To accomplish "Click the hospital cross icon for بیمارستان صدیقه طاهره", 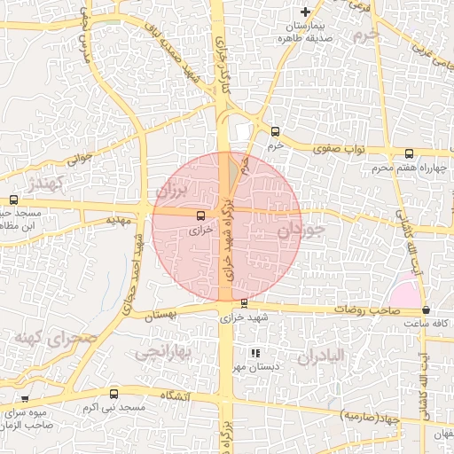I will click(306, 12).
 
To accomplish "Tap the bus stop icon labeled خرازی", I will click(200, 215).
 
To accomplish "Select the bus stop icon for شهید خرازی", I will click(244, 303).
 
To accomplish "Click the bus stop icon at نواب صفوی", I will click(408, 153).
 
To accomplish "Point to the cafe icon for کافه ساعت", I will click(427, 310).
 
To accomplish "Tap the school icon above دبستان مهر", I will click(255, 353).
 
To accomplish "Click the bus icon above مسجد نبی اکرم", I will click(113, 393).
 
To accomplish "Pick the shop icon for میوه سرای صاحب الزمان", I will click(25, 399).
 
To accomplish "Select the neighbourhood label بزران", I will click(172, 190).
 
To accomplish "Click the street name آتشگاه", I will click(173, 395).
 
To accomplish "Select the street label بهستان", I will click(160, 315).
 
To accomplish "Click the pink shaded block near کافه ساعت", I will click(405, 291).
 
